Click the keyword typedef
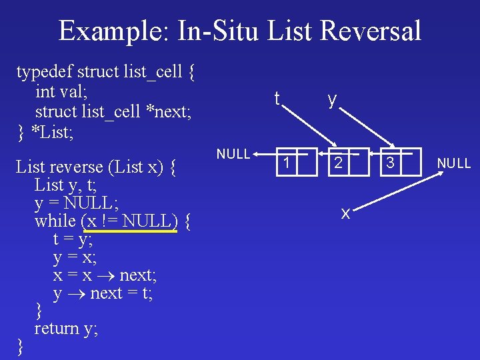click(45, 71)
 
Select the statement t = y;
click(73, 239)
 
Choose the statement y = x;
click(74, 257)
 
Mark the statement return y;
click(66, 328)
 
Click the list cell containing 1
click(287, 162)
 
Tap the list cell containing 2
click(339, 162)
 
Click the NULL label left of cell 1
click(233, 154)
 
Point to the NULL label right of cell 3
click(454, 163)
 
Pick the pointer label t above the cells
click(277, 99)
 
